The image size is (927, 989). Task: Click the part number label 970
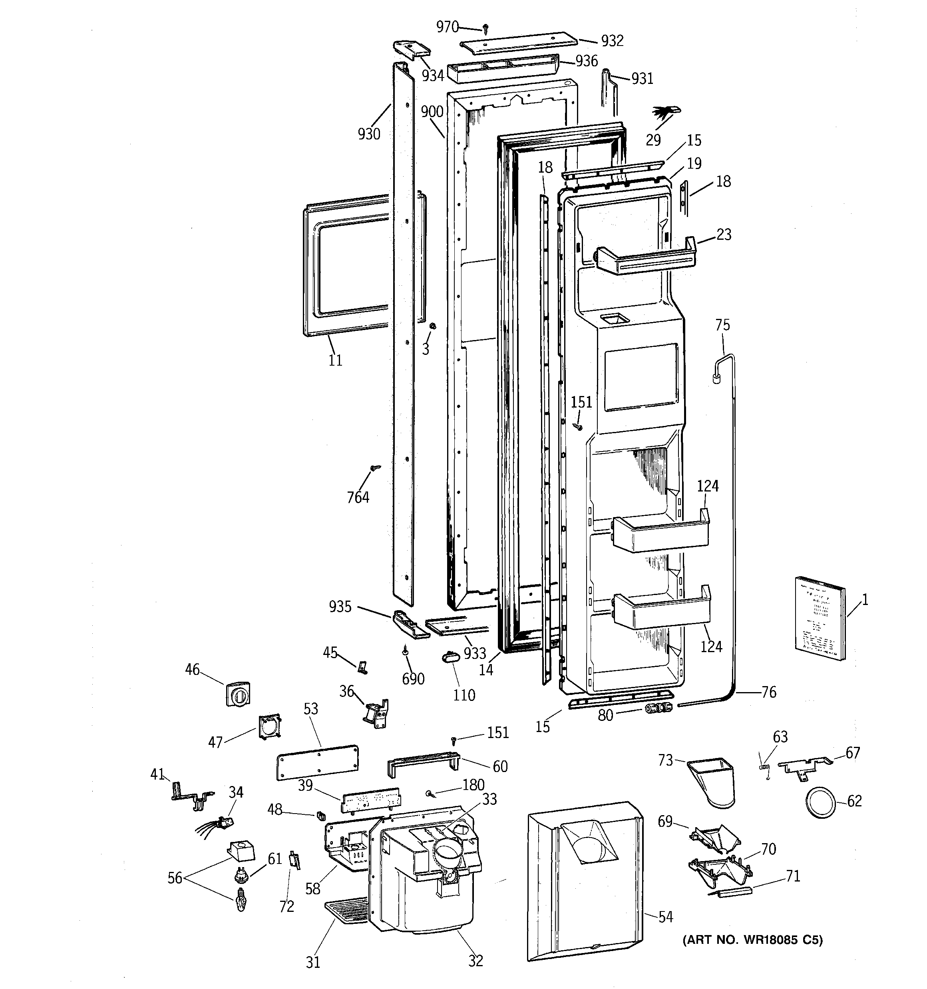point(448,27)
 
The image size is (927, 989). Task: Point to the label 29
point(653,140)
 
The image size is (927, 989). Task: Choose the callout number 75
point(722,325)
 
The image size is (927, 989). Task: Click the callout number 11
point(335,360)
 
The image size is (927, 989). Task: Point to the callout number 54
point(665,916)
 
